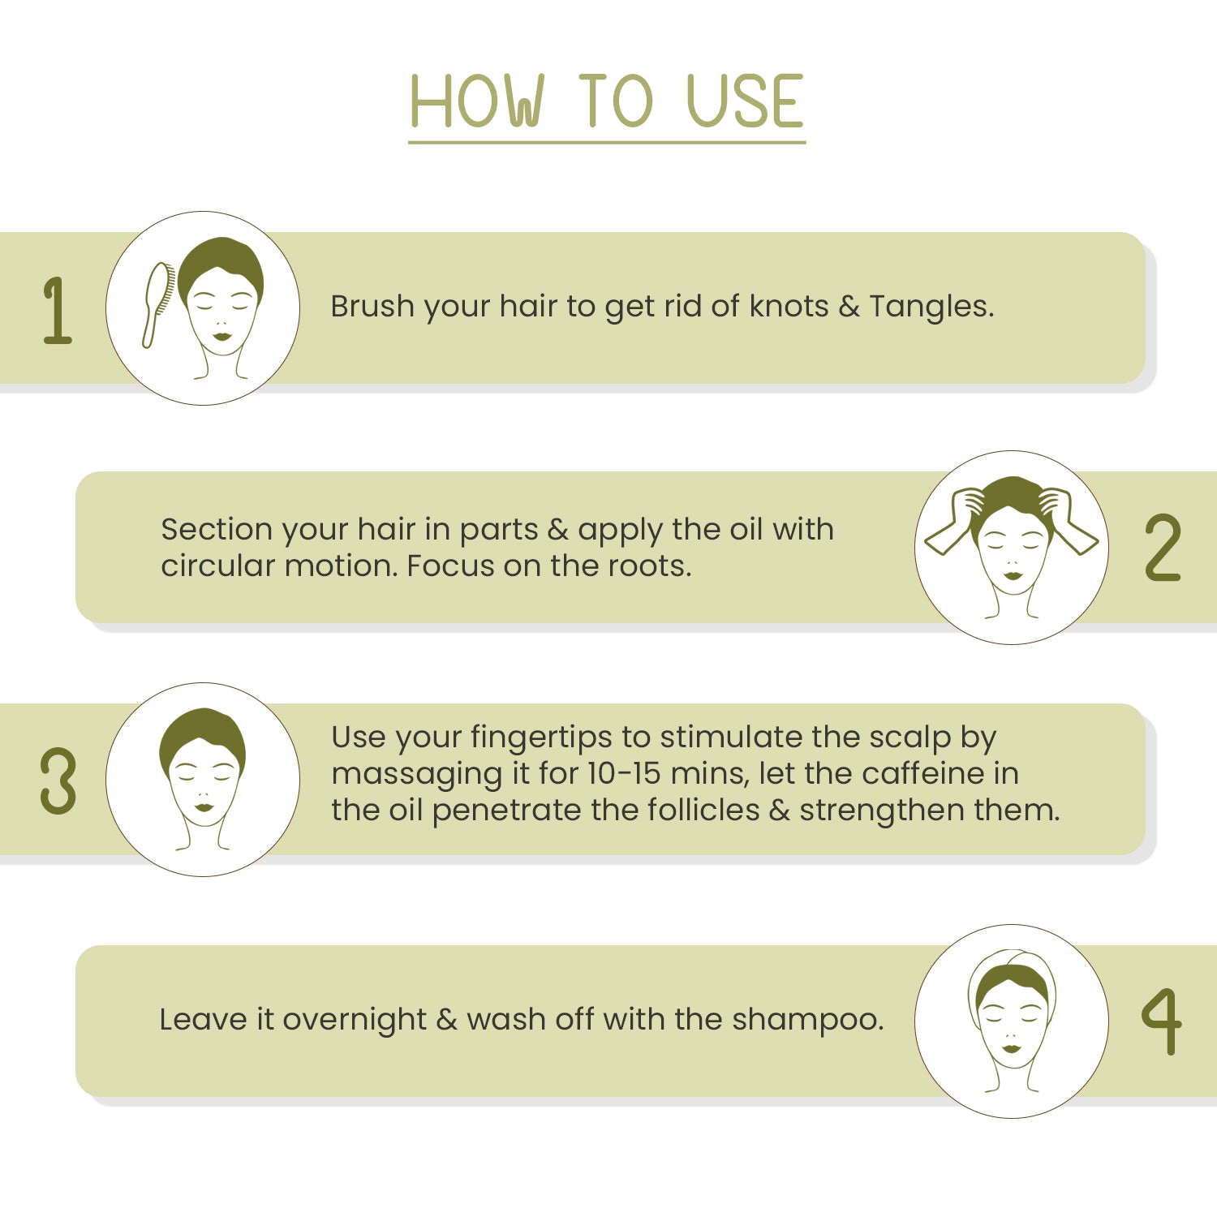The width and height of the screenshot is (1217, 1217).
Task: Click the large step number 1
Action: [57, 311]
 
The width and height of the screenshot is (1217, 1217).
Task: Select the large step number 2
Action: [1163, 548]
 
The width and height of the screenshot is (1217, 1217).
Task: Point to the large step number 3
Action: [58, 781]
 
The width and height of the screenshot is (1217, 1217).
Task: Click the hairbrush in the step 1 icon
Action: [158, 304]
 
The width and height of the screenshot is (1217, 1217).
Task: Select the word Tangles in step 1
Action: [931, 307]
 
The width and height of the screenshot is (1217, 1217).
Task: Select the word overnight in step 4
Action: [354, 1021]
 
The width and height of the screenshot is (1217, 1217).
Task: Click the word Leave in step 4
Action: [203, 1019]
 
